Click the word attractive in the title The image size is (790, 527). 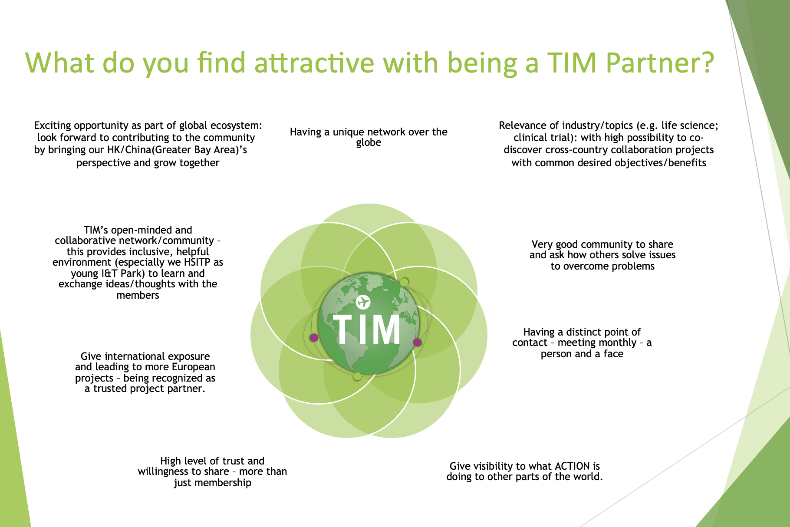[x=314, y=63]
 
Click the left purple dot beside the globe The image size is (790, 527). [x=314, y=337]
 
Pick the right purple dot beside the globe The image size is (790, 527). [x=417, y=342]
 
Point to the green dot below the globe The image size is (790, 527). [x=357, y=376]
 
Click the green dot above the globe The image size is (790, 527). [x=404, y=282]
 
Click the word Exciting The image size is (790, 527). [x=53, y=126]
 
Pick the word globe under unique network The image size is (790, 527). [x=369, y=143]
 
